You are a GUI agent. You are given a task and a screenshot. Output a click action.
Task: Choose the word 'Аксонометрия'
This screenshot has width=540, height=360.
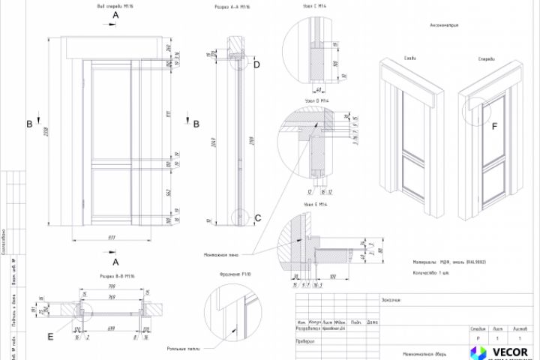[x=444, y=25]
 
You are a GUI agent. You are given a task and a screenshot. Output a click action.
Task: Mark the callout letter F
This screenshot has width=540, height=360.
[x=494, y=126]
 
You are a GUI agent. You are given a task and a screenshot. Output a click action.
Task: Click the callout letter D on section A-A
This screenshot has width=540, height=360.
[x=256, y=64]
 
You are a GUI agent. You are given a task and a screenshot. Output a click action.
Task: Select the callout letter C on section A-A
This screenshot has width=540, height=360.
[x=257, y=218]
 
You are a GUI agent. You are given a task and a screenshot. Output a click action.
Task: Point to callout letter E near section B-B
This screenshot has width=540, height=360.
[x=50, y=337]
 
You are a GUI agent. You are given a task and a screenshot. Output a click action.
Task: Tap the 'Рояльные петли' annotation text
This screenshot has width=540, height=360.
[x=182, y=349]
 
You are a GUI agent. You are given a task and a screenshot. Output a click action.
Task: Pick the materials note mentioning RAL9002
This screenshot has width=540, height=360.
[x=449, y=262]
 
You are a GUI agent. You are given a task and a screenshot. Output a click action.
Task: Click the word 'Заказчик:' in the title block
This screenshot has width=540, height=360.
[x=391, y=299]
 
